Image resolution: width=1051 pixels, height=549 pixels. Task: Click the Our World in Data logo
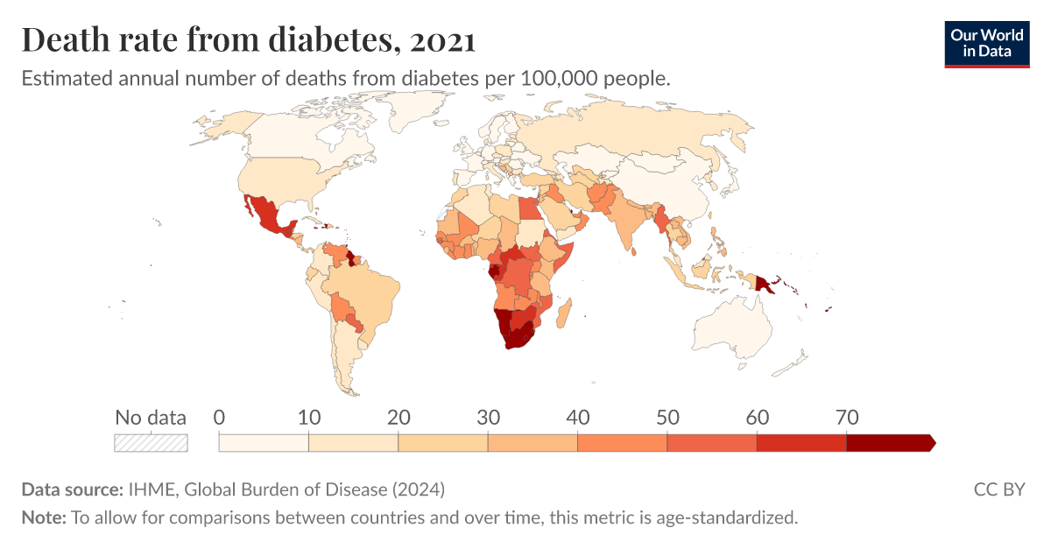click(x=986, y=43)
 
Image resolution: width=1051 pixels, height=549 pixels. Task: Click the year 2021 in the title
click(x=442, y=40)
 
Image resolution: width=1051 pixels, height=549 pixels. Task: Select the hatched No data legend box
click(x=151, y=442)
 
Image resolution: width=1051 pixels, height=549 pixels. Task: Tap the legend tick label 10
click(x=308, y=417)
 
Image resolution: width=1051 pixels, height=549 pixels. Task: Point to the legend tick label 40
click(x=577, y=417)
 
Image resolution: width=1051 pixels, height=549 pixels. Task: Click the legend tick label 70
click(x=846, y=417)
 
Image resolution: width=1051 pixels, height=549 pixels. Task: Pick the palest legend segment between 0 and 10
click(x=264, y=442)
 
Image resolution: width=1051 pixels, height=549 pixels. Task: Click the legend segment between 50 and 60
click(x=711, y=442)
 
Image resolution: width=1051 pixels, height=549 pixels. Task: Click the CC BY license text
click(x=998, y=489)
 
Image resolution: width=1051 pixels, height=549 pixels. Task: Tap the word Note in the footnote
click(x=42, y=517)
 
